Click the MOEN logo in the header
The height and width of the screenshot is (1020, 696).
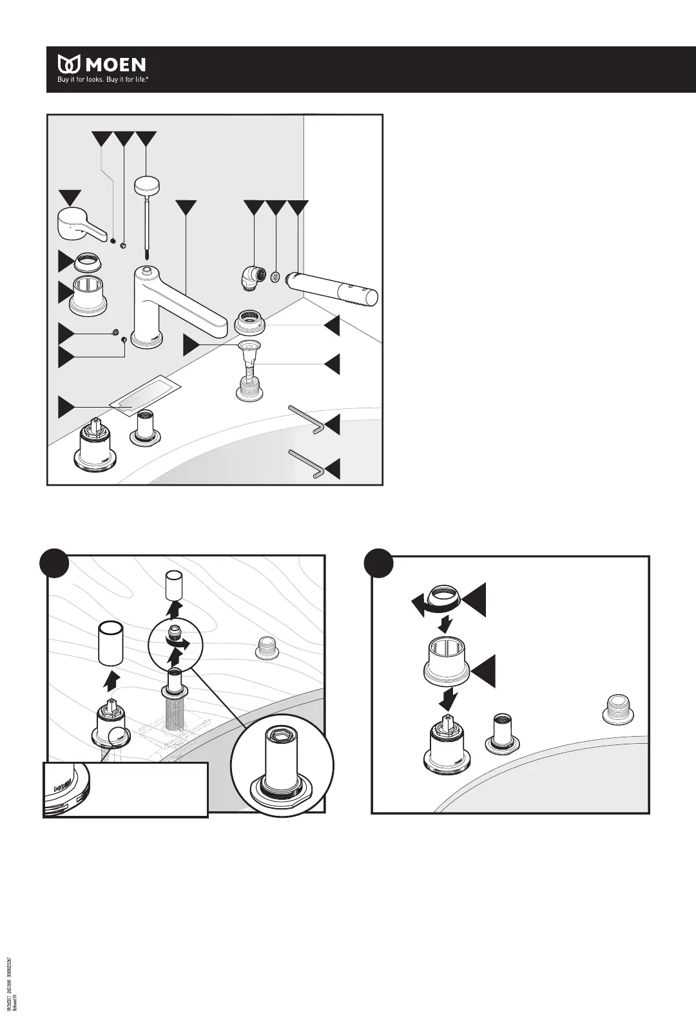tap(102, 64)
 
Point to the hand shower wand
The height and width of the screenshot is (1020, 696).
tap(332, 287)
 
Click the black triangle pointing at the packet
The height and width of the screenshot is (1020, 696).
tap(66, 407)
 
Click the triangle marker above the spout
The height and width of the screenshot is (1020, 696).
tap(186, 207)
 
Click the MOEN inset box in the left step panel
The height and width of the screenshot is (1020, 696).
tap(126, 789)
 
